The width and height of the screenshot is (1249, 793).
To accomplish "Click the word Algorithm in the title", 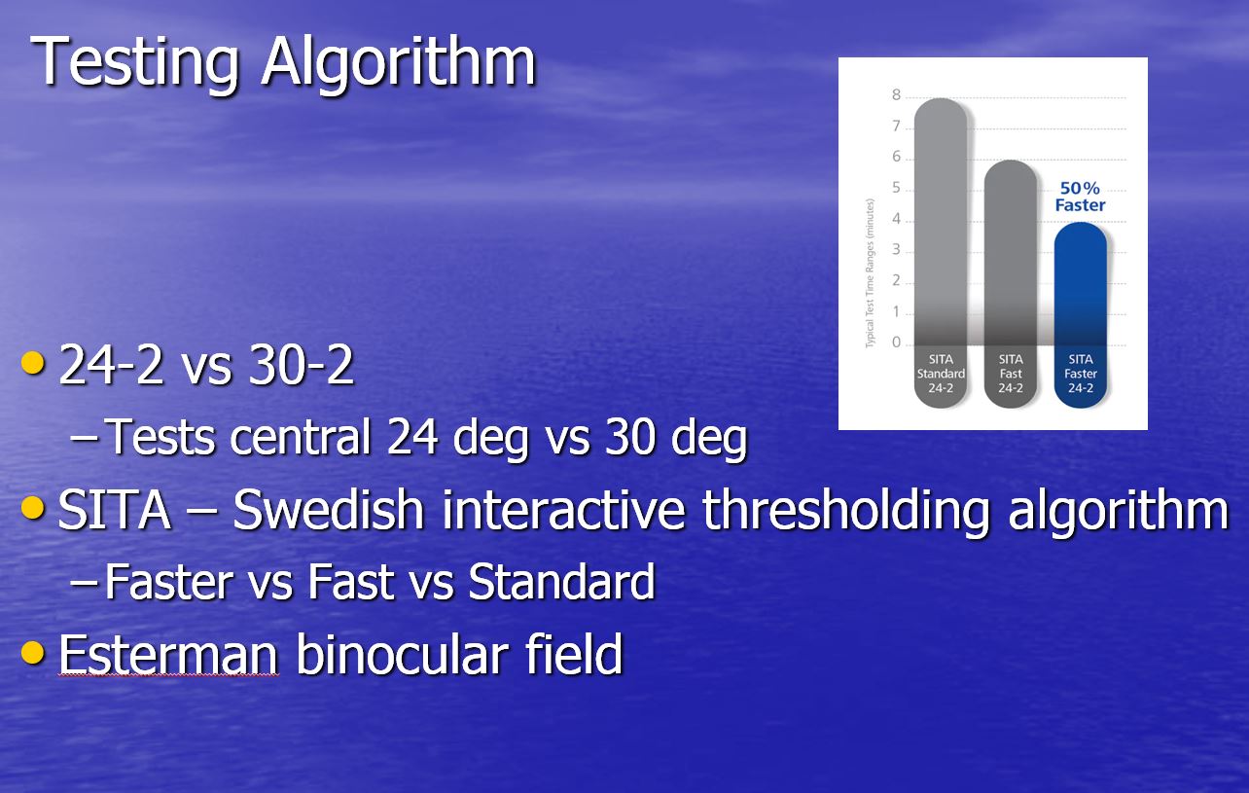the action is (398, 62).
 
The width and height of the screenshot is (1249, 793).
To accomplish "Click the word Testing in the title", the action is (134, 64).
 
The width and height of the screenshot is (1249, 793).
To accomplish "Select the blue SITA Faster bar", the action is (1080, 314).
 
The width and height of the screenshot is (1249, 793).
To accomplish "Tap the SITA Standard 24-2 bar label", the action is (941, 374).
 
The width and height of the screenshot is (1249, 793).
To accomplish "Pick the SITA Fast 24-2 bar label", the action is (1011, 374).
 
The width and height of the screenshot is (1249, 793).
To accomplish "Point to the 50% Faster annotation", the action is (1080, 197).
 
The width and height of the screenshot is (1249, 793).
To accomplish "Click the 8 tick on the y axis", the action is (896, 94).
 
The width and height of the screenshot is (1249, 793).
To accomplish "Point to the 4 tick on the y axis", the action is (896, 219).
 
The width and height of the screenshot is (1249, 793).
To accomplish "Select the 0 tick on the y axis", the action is (896, 342).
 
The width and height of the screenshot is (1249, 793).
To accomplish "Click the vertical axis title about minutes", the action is (870, 273).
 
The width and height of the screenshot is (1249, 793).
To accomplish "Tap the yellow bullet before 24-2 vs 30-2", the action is (33, 363).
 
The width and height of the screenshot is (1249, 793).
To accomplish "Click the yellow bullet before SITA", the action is (33, 508).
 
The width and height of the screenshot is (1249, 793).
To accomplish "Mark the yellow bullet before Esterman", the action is (33, 653).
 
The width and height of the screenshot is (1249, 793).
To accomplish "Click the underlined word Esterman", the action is (168, 654).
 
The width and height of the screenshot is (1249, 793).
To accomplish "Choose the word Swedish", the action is (329, 509).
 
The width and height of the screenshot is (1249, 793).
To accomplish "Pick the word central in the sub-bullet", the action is (301, 437).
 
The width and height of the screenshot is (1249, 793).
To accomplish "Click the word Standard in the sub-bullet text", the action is (561, 581).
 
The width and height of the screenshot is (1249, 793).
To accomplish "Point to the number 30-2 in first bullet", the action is (302, 364).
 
